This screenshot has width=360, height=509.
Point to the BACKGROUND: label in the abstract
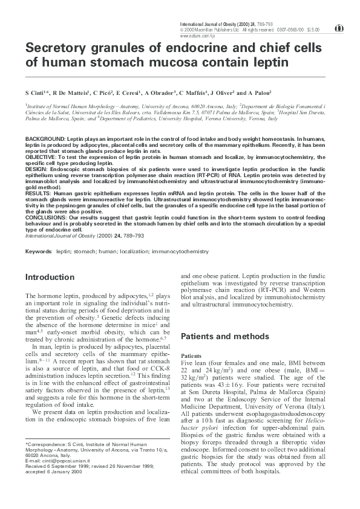[45, 139]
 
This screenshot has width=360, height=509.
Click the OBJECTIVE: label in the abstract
[42, 157]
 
